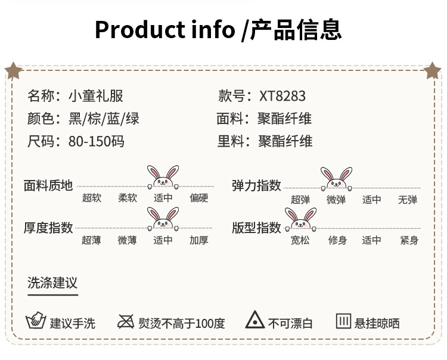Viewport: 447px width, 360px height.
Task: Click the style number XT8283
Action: point(283,96)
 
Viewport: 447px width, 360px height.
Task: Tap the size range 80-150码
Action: point(97,141)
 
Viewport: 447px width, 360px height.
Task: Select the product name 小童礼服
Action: point(97,96)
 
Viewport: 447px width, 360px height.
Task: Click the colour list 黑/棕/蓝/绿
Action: point(104,119)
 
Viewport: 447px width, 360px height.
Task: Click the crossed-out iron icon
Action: point(126,321)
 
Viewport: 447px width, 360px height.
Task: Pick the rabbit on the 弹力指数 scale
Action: point(336,179)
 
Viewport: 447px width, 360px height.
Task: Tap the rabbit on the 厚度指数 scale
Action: point(163,219)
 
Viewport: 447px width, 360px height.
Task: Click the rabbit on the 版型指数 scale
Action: point(300,219)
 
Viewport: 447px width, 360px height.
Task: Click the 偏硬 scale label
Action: point(199,198)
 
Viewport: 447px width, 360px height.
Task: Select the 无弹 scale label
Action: point(408,200)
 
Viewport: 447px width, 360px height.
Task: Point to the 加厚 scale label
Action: point(199,240)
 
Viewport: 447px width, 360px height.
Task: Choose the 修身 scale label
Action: point(338,241)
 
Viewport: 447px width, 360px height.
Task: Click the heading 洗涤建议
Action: point(52,283)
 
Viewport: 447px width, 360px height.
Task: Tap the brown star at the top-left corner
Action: point(13,70)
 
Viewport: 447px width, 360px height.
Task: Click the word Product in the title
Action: point(136,29)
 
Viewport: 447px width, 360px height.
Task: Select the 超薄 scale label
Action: point(92,240)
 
